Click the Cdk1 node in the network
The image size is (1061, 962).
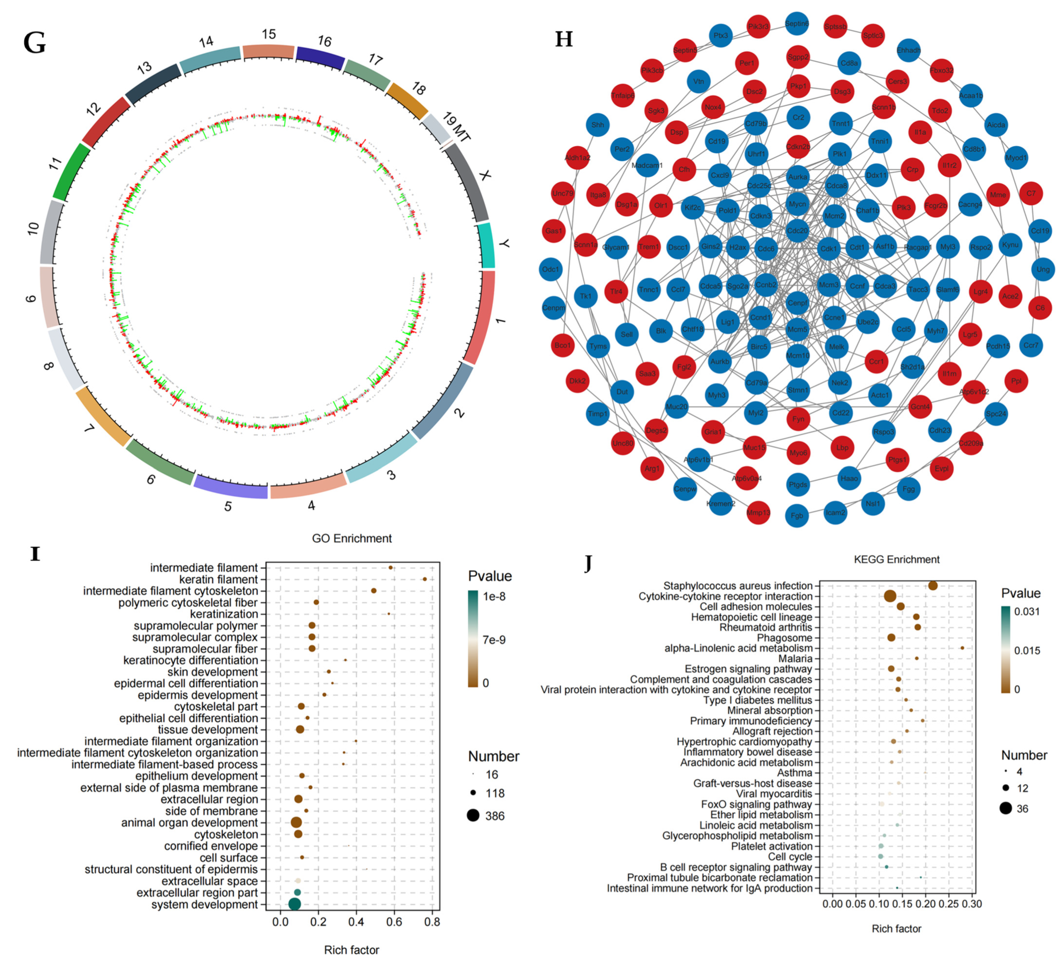[828, 249]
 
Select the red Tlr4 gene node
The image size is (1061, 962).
[616, 291]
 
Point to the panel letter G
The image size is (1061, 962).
[35, 43]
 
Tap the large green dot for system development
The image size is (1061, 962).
[295, 904]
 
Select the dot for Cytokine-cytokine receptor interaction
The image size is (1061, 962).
[890, 596]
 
